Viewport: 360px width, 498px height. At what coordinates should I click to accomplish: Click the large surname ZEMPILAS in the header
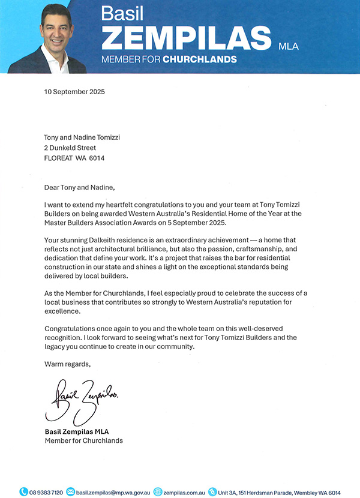(x=186, y=38)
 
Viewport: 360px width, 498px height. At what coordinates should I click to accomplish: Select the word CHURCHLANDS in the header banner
(x=200, y=59)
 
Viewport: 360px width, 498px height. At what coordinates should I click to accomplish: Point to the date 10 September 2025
(x=75, y=93)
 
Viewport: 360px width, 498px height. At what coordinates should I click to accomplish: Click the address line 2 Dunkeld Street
(x=70, y=148)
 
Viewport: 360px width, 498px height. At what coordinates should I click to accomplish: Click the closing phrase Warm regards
(x=68, y=364)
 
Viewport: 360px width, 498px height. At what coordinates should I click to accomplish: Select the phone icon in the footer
(x=23, y=492)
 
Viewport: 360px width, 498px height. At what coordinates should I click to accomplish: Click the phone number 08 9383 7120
(x=46, y=492)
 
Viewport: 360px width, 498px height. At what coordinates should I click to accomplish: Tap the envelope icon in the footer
(x=71, y=492)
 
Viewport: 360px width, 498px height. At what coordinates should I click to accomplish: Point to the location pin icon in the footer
(x=211, y=492)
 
